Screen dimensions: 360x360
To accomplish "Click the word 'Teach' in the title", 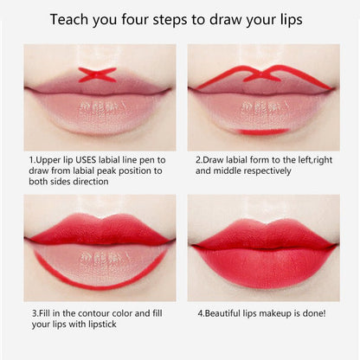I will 72,18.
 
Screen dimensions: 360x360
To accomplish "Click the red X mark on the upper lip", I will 98,74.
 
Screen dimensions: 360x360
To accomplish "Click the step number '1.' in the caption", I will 35,159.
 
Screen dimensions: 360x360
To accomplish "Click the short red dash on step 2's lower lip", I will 263,131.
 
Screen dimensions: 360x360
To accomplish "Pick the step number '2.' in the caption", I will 200,159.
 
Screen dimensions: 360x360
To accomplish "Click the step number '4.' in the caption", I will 200,312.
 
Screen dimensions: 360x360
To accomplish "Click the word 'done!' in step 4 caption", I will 314,312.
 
